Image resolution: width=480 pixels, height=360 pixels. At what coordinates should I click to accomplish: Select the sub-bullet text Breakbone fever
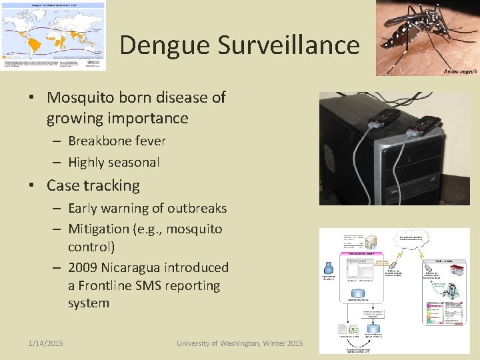click(117, 141)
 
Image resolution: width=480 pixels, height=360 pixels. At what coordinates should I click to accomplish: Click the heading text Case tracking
click(93, 185)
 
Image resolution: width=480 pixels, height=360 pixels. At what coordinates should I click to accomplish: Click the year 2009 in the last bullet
click(83, 267)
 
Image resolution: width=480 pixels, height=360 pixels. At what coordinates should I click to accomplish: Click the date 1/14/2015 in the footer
click(45, 343)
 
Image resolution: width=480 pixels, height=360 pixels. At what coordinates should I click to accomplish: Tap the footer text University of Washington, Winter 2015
click(239, 343)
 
